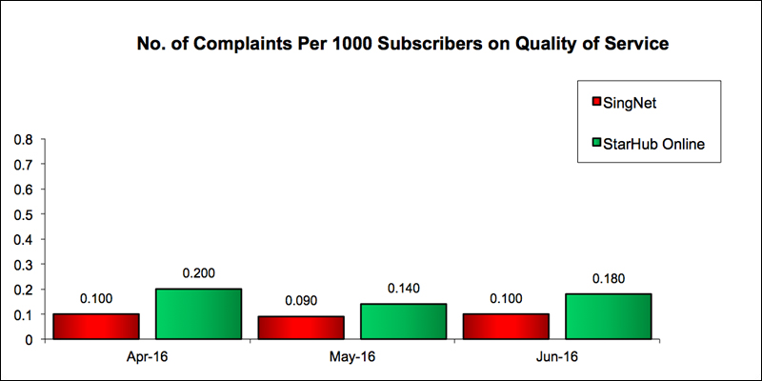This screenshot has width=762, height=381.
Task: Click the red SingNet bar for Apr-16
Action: (x=96, y=327)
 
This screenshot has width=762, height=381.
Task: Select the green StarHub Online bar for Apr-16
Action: (x=198, y=313)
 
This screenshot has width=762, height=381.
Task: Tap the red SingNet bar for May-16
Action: (x=301, y=328)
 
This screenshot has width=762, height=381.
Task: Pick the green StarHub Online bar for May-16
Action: (x=403, y=321)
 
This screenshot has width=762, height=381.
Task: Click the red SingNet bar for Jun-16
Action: (x=506, y=327)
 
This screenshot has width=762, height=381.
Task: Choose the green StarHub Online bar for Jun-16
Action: (x=608, y=316)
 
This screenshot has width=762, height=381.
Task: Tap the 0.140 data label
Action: (x=403, y=289)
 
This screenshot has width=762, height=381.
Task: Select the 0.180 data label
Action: (x=608, y=279)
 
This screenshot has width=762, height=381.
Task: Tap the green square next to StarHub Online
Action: (x=595, y=143)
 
